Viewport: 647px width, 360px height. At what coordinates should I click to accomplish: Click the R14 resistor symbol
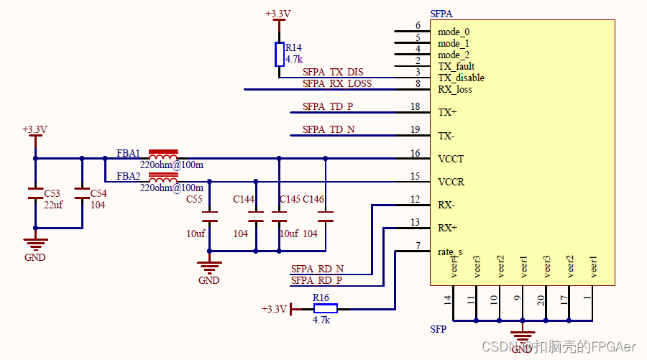(280, 54)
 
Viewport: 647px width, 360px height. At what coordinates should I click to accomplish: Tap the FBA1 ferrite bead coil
(163, 156)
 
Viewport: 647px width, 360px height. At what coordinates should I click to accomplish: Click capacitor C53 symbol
(35, 193)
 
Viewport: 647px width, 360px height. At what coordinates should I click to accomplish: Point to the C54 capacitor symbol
(82, 193)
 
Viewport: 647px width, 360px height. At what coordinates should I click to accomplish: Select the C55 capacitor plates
(209, 216)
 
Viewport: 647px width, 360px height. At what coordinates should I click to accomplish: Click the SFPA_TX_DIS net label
(333, 73)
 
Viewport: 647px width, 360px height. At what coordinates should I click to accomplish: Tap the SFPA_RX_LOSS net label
(337, 84)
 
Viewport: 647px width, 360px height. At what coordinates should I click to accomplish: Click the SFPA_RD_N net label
(317, 269)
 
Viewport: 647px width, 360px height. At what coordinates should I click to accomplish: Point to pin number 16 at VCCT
(415, 153)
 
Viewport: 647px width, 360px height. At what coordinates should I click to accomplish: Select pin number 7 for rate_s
(418, 246)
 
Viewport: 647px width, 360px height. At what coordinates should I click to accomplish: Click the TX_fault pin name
(456, 66)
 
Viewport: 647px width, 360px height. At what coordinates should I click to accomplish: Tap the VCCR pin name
(451, 182)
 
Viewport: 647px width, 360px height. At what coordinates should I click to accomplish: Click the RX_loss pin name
(455, 89)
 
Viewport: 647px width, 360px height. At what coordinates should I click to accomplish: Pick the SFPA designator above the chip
(441, 14)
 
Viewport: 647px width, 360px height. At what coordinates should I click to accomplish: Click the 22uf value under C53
(54, 205)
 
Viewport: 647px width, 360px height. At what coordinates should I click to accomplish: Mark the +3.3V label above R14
(278, 14)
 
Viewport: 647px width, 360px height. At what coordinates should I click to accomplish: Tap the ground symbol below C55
(209, 269)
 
